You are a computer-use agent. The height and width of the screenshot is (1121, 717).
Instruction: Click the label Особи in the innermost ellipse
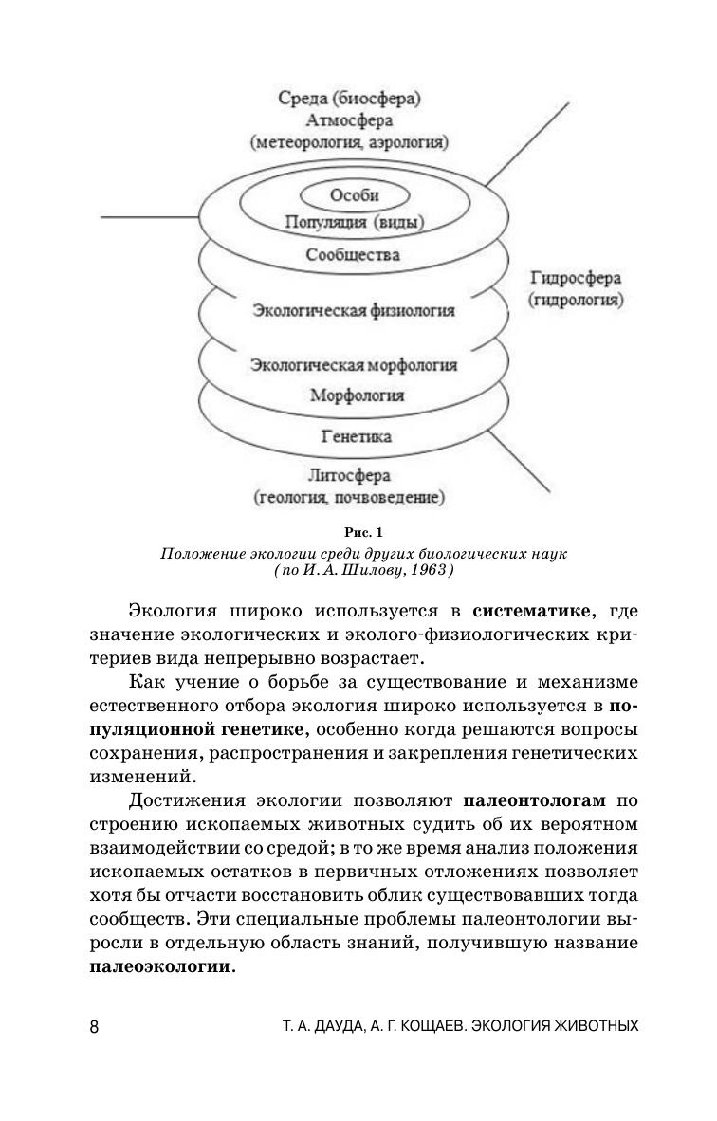pyautogui.click(x=355, y=196)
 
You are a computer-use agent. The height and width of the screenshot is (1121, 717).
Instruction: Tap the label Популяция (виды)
pyautogui.click(x=355, y=223)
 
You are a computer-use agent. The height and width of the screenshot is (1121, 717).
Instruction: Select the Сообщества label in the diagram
pyautogui.click(x=353, y=255)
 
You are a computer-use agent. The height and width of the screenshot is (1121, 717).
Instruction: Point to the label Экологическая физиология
pyautogui.click(x=354, y=310)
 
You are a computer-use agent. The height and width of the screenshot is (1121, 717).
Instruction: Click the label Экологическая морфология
pyautogui.click(x=354, y=365)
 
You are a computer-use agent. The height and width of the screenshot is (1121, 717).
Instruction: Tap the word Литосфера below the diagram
pyautogui.click(x=349, y=475)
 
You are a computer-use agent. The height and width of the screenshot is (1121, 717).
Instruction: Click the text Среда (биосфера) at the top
pyautogui.click(x=349, y=98)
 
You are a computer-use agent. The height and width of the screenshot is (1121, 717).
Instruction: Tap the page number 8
pyautogui.click(x=93, y=1027)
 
